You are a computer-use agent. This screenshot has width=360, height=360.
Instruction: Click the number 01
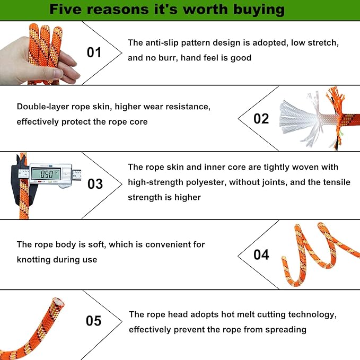[94, 52]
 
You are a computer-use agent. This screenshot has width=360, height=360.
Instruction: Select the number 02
[261, 118]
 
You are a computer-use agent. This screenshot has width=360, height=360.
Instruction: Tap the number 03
[95, 184]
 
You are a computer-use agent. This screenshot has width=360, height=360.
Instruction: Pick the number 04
[261, 254]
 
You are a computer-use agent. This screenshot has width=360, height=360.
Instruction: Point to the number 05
[93, 321]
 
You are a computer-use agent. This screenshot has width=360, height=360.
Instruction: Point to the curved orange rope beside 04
[318, 254]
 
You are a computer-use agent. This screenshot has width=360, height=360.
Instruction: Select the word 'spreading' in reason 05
[284, 330]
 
